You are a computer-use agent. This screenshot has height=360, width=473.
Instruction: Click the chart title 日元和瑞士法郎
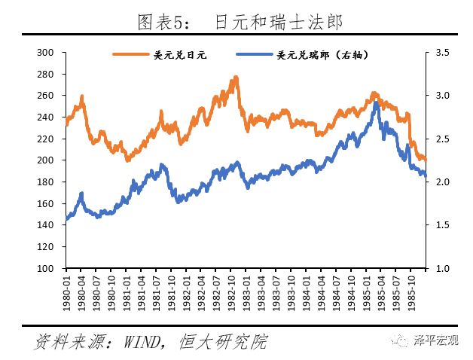tap(279, 23)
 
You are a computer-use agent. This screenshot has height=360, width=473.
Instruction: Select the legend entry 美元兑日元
tap(179, 54)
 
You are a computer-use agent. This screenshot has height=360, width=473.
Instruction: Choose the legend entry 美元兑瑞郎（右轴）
tap(322, 54)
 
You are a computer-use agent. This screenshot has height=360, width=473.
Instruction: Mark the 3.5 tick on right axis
tap(442, 52)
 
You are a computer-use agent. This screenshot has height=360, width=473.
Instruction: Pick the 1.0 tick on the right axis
tap(442, 268)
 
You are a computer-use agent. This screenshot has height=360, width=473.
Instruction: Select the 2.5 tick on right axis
tap(442, 139)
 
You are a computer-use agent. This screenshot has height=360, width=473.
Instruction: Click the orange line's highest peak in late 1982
tap(236, 77)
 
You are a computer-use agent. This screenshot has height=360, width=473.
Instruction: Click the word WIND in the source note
tap(142, 342)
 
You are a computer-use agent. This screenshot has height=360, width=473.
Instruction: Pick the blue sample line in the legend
tap(255, 54)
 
